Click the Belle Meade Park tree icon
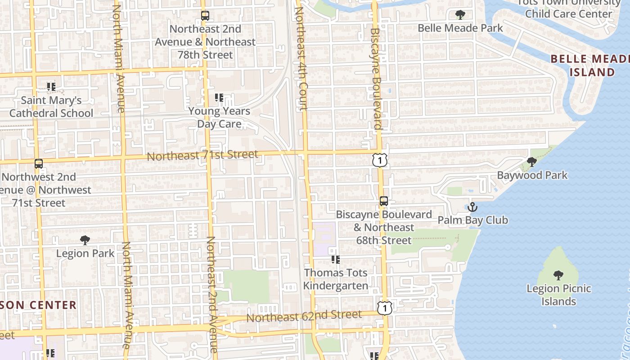460,15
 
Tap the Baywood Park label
532,175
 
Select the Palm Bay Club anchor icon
472,207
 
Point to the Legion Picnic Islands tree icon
558,275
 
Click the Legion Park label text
85,253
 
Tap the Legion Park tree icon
85,240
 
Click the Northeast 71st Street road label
202,156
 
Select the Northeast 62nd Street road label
304,316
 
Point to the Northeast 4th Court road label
300,58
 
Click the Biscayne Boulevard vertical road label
376,79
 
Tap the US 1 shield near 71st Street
380,160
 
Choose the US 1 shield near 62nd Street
384,308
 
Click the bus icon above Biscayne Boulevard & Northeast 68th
383,201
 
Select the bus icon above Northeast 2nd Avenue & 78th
205,16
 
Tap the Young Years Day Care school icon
219,97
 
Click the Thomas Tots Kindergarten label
336,279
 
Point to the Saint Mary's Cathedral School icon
51,86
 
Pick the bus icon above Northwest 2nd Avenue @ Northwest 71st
39,164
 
